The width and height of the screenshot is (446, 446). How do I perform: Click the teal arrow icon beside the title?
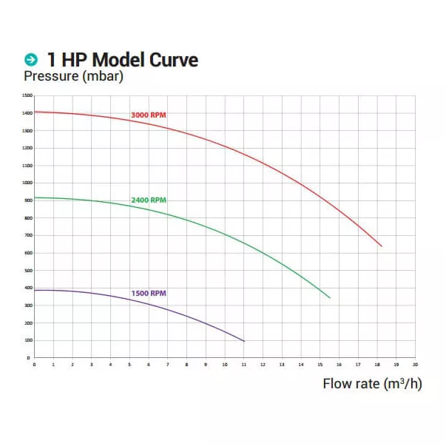(31, 60)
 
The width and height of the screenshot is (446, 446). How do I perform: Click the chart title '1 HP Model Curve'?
(122, 60)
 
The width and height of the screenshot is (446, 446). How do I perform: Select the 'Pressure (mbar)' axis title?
(73, 76)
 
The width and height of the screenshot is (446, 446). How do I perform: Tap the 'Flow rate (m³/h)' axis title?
(372, 384)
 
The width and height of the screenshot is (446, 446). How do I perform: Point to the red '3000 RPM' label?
(148, 115)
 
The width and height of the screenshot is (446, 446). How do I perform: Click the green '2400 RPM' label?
(148, 200)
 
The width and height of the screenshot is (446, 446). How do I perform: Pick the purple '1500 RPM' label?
(148, 293)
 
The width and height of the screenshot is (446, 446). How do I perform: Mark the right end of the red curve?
(382, 246)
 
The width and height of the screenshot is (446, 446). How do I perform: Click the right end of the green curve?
(330, 298)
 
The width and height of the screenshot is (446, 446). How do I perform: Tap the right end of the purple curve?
(244, 341)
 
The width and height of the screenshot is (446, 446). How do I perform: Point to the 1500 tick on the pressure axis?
(27, 95)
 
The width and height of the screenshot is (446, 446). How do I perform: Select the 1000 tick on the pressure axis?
(27, 183)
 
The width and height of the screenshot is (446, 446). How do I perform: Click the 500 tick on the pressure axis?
(27, 270)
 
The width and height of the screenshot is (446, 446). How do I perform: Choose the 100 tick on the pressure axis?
(27, 340)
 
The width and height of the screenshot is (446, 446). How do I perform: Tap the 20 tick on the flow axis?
(415, 365)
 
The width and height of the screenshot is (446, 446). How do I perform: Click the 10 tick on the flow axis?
(225, 365)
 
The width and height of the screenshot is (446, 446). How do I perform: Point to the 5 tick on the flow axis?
(129, 365)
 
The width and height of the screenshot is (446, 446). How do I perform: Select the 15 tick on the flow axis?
(320, 365)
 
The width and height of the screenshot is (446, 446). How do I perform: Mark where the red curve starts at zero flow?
(35, 112)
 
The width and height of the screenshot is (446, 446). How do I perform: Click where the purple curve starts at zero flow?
(35, 290)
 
